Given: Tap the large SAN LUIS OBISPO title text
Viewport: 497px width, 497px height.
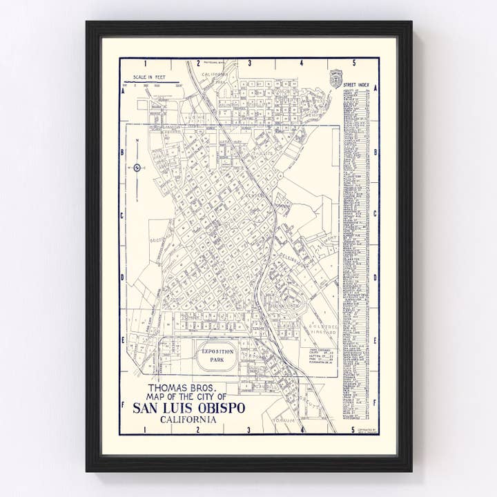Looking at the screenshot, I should click(x=188, y=408).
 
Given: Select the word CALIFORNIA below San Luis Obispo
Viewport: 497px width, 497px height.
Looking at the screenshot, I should click(x=188, y=420).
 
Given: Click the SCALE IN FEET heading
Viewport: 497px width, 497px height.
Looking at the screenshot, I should click(x=154, y=79).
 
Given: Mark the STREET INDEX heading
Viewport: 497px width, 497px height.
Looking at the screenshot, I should click(x=356, y=85).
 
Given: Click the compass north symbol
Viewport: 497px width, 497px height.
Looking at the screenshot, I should click(x=137, y=166).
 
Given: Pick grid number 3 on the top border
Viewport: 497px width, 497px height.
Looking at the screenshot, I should click(x=249, y=64).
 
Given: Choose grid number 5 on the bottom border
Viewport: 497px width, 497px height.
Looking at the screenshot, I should click(x=353, y=431).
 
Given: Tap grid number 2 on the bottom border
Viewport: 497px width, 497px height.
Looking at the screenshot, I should click(x=198, y=431).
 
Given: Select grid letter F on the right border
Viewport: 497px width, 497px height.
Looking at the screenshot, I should click(x=376, y=403).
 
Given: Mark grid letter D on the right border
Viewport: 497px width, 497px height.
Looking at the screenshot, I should click(x=376, y=277).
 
